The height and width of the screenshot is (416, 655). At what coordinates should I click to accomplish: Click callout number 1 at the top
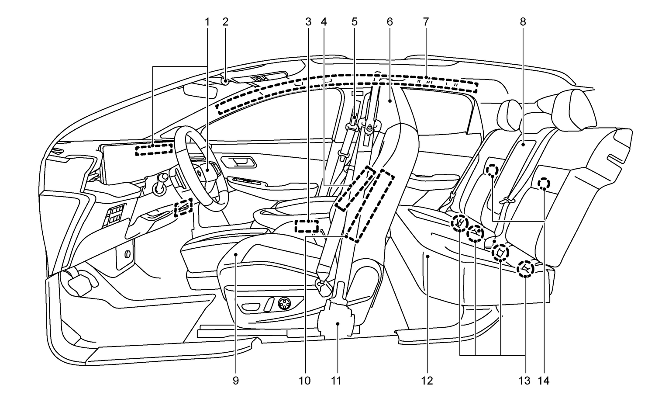coord(207,21)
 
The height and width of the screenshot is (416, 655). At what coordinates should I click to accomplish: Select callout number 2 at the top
coord(225,21)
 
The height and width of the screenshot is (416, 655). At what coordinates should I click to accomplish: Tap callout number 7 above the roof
coord(426,21)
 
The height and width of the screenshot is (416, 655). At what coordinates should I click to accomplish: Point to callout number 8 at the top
coord(523,21)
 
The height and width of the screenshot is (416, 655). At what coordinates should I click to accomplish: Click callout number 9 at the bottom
coord(236,381)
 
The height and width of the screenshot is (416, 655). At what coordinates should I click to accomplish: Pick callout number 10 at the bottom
coord(305,381)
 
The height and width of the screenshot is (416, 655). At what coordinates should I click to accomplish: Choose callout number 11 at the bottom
coord(335,381)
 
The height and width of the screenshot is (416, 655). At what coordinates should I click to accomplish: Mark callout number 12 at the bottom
coord(427,381)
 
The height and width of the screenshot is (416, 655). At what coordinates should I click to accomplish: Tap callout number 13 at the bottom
coord(524,381)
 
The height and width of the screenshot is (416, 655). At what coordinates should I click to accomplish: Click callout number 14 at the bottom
coord(544,381)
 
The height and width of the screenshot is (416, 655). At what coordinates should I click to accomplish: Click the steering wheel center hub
coord(205,170)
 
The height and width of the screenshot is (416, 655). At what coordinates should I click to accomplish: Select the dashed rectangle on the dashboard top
coord(154,150)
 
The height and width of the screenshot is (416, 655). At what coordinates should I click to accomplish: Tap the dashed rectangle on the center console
coord(307,226)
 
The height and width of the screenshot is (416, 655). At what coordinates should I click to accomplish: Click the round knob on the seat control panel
coord(284,303)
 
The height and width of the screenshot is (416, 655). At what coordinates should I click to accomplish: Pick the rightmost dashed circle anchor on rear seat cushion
coord(525,268)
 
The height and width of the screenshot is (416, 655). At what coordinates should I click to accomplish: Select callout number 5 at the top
coord(354,21)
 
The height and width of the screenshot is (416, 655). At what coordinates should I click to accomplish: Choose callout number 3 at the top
coord(308,21)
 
